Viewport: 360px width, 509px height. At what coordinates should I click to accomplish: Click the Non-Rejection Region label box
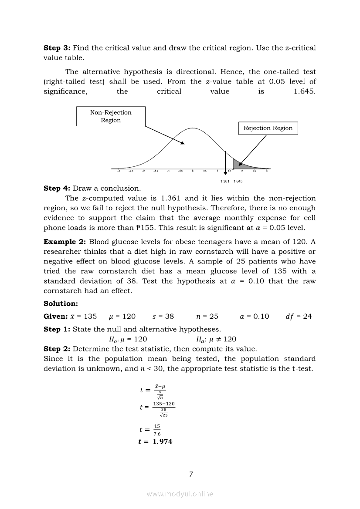click(x=111, y=116)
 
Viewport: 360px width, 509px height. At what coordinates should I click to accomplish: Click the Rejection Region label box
click(x=268, y=128)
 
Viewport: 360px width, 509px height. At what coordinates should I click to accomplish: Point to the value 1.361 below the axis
click(x=225, y=181)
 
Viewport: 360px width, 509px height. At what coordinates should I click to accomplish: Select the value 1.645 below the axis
click(x=238, y=181)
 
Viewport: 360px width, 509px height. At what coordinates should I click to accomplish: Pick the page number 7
click(x=191, y=474)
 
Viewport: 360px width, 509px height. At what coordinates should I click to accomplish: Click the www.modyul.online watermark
click(x=180, y=494)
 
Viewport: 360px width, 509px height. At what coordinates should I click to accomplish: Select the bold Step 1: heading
click(x=57, y=329)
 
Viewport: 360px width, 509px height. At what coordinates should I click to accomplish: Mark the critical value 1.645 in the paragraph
click(x=305, y=91)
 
